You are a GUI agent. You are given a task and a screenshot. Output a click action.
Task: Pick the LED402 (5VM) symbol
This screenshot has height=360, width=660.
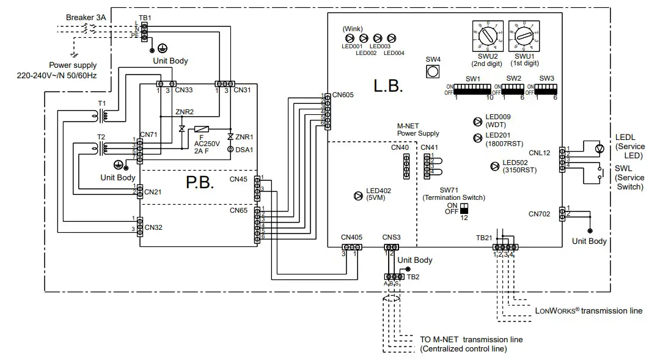(x=358, y=196)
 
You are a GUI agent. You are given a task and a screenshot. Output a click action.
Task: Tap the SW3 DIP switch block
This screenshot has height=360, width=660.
(x=546, y=89)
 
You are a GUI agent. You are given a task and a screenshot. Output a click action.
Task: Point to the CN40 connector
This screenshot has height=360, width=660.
(x=405, y=166)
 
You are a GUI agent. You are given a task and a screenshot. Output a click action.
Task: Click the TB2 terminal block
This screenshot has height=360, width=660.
(x=391, y=276)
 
